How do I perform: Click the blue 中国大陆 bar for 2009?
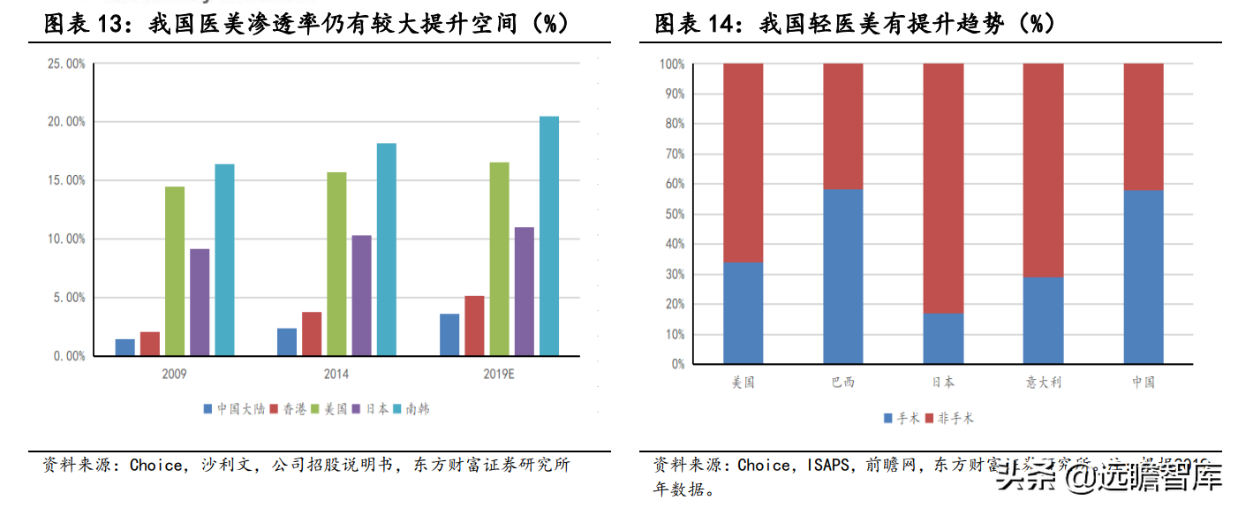pyautogui.click(x=125, y=347)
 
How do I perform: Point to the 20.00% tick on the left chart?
pyautogui.click(x=66, y=122)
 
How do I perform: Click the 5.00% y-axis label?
pyautogui.click(x=69, y=298)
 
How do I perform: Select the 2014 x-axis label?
pyautogui.click(x=336, y=374)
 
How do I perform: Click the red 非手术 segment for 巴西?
pyautogui.click(x=843, y=126)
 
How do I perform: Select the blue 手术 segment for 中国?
pyautogui.click(x=1144, y=277)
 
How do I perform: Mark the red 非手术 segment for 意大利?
pyautogui.click(x=1043, y=171)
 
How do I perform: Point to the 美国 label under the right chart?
pyautogui.click(x=744, y=383)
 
